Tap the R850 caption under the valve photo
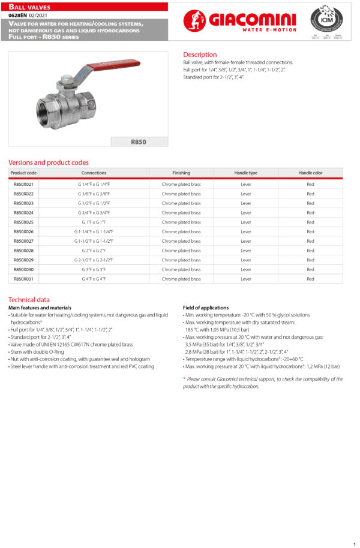[x=139, y=142]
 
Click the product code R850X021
[x=23, y=184]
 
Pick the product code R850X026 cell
[x=23, y=231]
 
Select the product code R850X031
[x=23, y=279]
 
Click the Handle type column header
[x=245, y=173]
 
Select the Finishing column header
[x=181, y=173]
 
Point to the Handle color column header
[x=310, y=173]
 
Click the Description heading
[x=200, y=55]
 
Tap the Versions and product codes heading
[x=48, y=162]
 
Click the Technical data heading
[x=29, y=300]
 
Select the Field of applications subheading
[x=206, y=308]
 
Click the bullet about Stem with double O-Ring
[x=36, y=352]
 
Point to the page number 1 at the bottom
[x=355, y=544]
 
